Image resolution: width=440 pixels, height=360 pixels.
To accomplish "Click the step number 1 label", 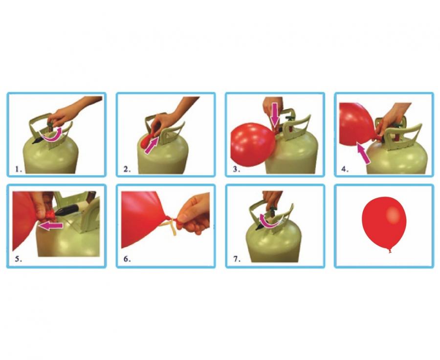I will coord(19,170).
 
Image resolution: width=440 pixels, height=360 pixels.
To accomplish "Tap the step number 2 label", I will coord(127,170).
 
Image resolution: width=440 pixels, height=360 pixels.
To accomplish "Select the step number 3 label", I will coord(237,170).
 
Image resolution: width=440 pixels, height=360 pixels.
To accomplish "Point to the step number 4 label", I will coord(345,170).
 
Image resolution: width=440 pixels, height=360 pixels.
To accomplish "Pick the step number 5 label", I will coord(19,259).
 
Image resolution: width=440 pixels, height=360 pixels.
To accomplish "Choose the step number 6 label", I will coord(127,259).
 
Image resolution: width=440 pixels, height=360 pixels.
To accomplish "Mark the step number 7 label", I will coord(237,259).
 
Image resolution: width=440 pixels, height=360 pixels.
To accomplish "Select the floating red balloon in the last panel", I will coord(384,222).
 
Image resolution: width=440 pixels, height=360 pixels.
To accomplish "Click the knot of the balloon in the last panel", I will coord(390,250).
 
